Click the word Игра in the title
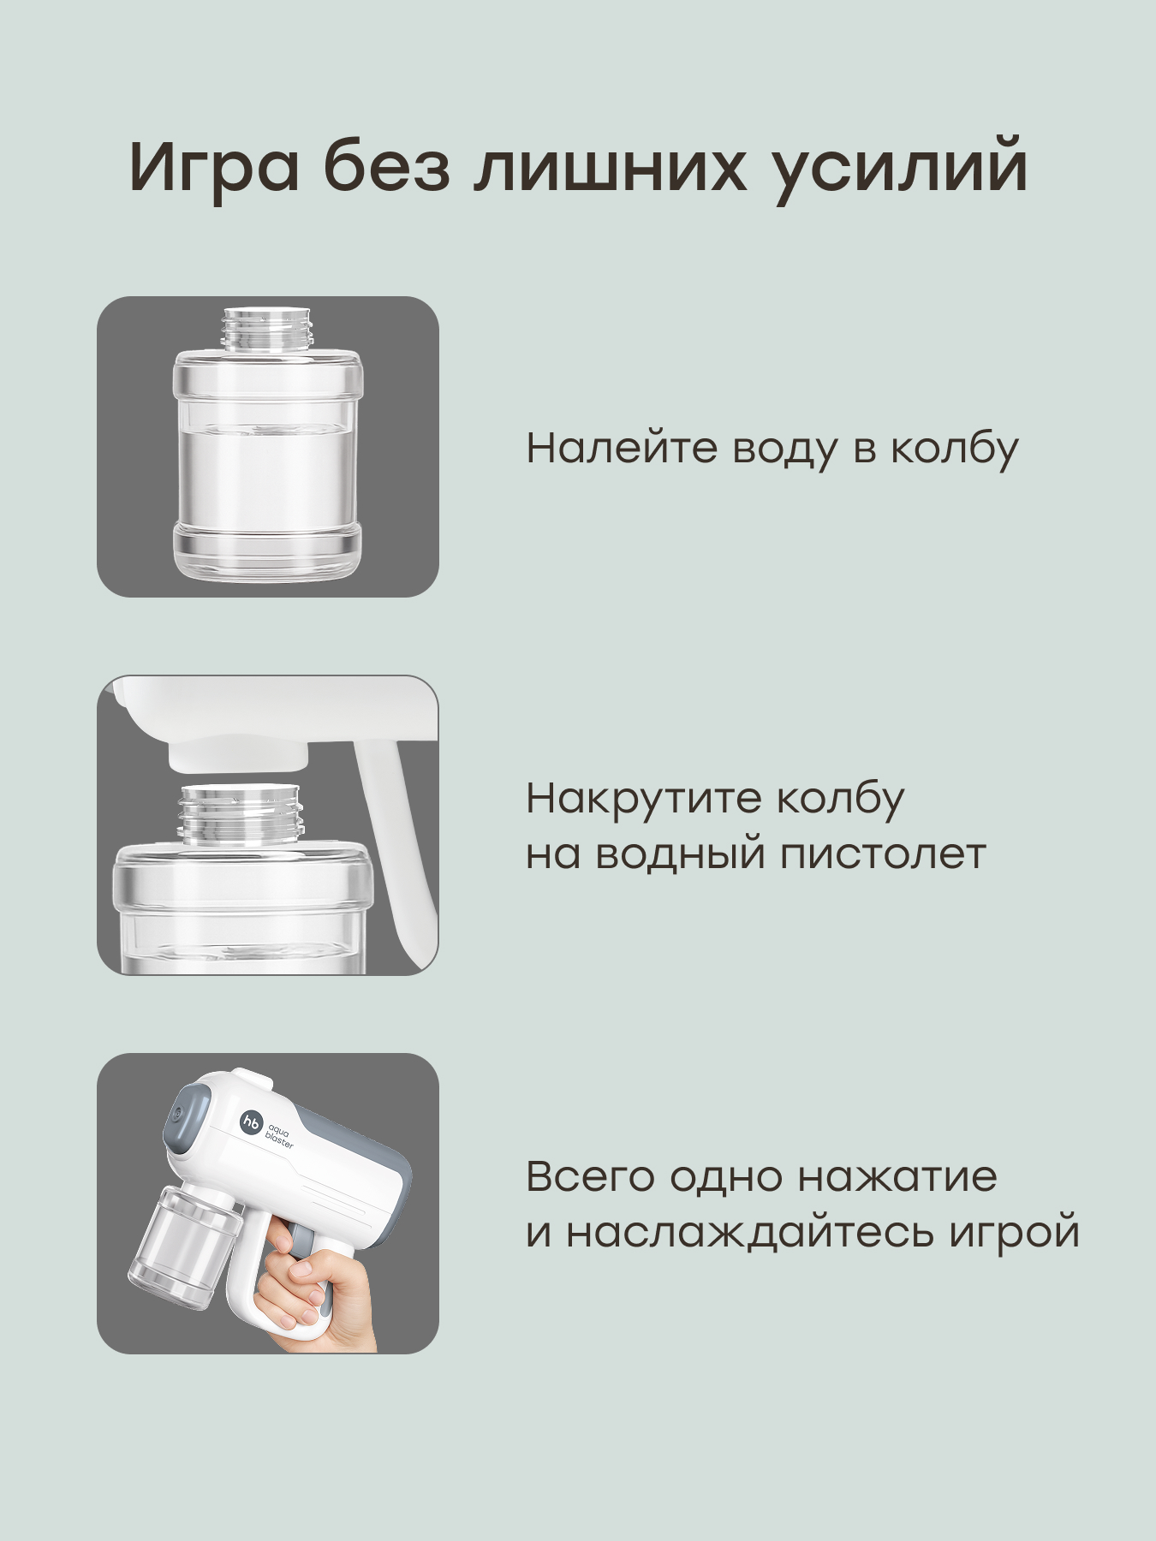(214, 167)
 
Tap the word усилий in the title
(898, 167)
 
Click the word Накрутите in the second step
(643, 799)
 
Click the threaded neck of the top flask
(267, 330)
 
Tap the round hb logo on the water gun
(251, 1123)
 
